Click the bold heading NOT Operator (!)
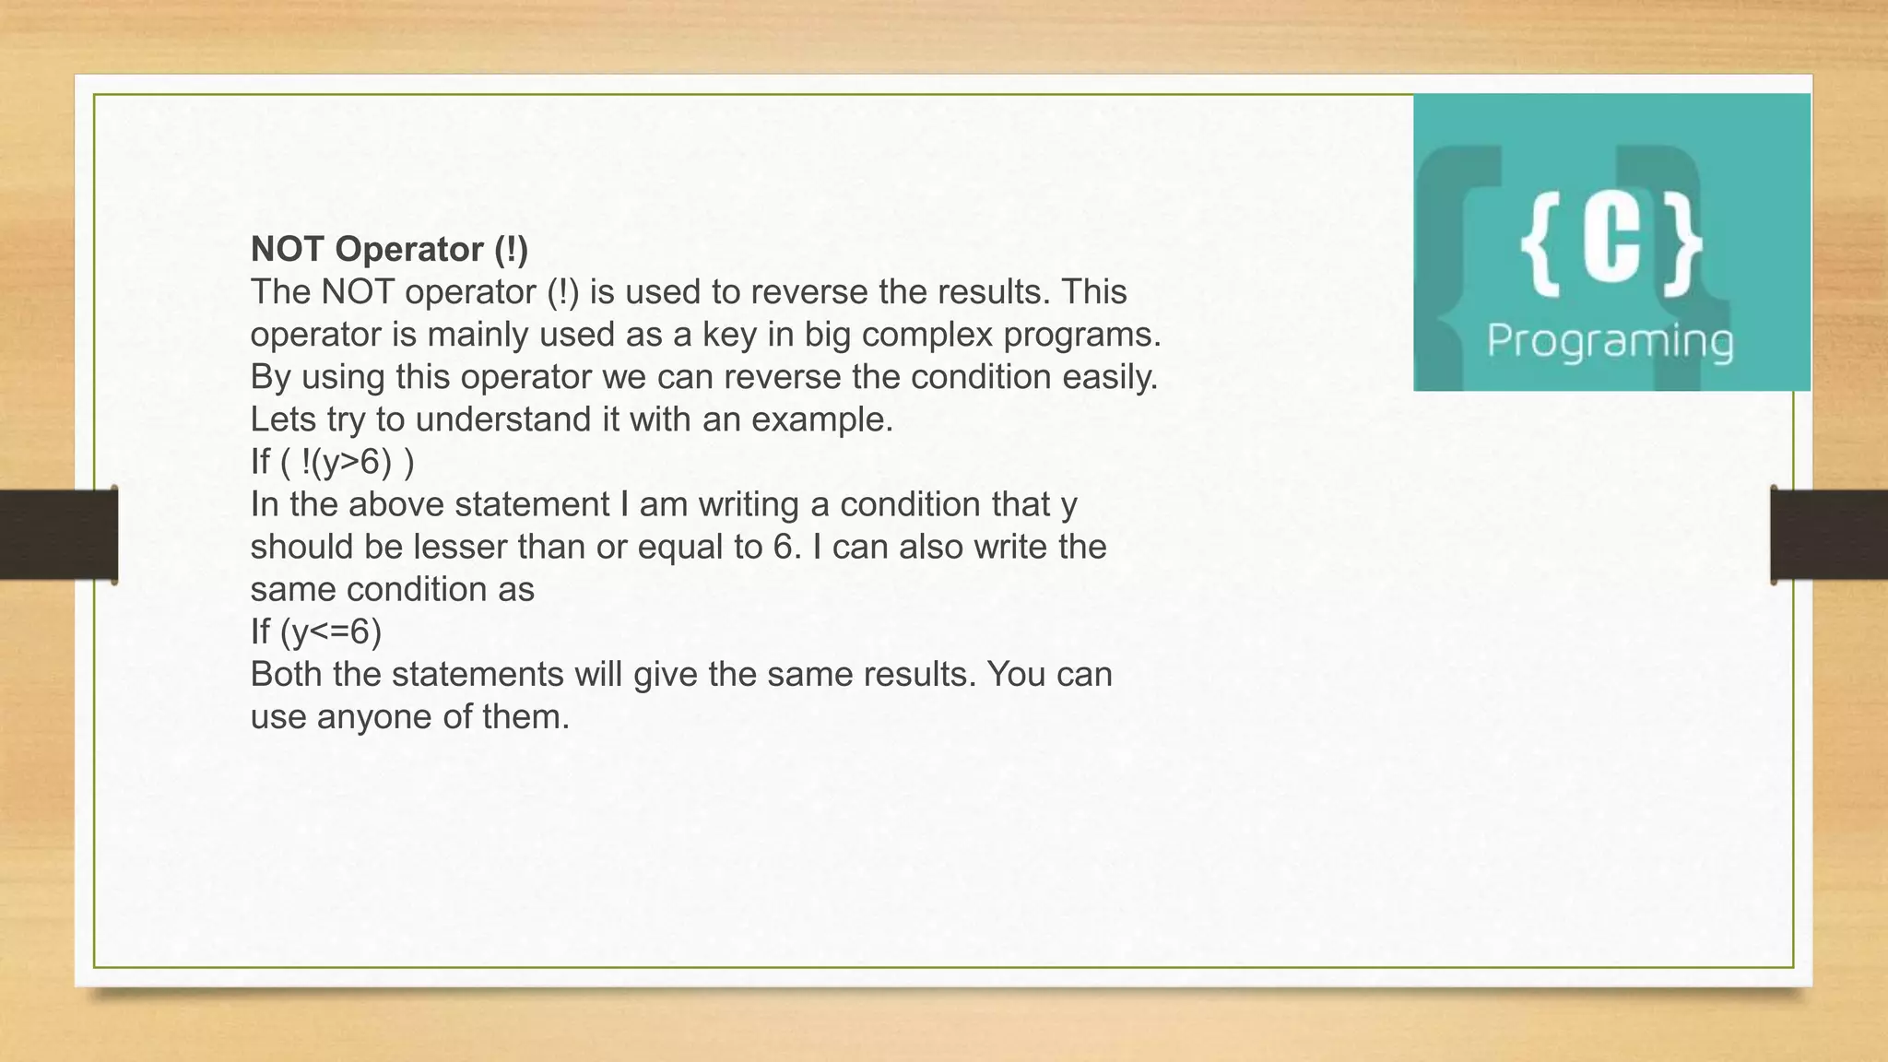pyautogui.click(x=389, y=249)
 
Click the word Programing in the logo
pyautogui.click(x=1610, y=341)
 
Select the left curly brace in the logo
pyautogui.click(x=1540, y=243)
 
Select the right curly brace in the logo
pyautogui.click(x=1683, y=243)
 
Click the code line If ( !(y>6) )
pyautogui.click(x=332, y=462)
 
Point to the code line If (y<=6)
pyautogui.click(x=315, y=631)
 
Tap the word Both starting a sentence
pyautogui.click(x=287, y=675)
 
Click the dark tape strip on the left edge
pyautogui.click(x=58, y=535)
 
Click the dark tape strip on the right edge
pyautogui.click(x=1829, y=535)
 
